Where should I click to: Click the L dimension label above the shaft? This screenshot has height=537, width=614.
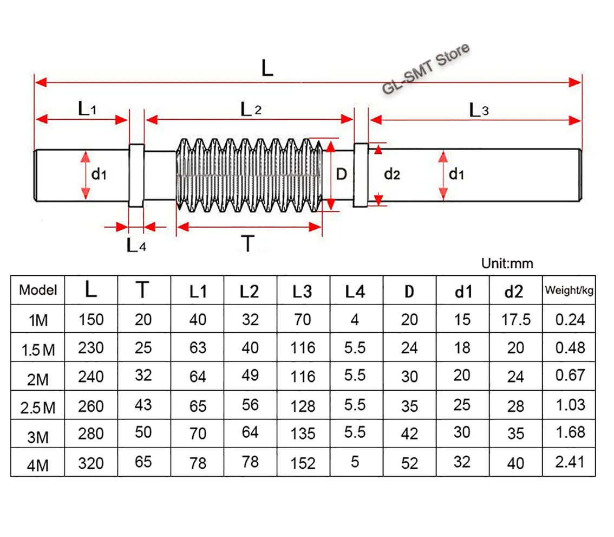(267, 69)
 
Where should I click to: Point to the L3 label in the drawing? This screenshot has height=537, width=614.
(479, 111)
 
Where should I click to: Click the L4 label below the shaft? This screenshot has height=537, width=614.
(136, 245)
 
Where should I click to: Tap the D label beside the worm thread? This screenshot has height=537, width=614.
(341, 174)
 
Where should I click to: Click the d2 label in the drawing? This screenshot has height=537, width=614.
(391, 174)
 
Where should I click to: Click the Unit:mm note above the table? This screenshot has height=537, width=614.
(507, 264)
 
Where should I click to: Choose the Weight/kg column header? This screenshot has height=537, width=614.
(569, 290)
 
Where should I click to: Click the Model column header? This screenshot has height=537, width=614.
(38, 290)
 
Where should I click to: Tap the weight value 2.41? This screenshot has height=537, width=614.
(570, 462)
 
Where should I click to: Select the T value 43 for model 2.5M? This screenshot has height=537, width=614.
(143, 405)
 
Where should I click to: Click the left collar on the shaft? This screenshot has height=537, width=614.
(136, 175)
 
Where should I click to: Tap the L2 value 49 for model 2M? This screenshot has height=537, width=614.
(250, 375)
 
